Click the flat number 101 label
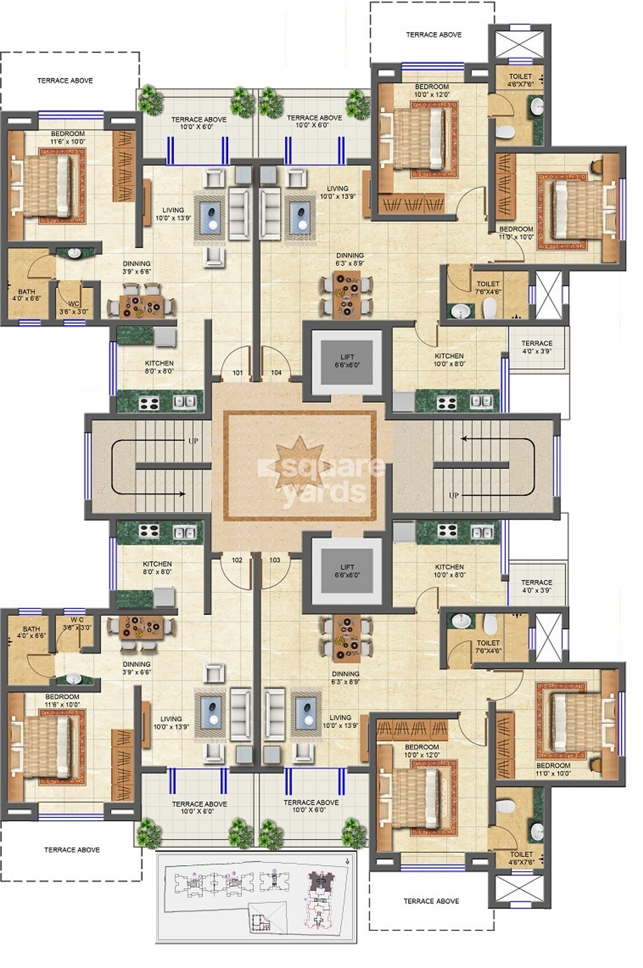(x=238, y=372)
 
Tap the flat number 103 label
(x=275, y=560)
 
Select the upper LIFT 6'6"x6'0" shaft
(x=347, y=361)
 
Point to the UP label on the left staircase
(x=193, y=440)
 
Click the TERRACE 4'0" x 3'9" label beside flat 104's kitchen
(x=536, y=347)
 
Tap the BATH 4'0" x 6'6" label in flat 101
(x=26, y=294)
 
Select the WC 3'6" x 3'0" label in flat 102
(x=77, y=623)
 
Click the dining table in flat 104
(x=347, y=293)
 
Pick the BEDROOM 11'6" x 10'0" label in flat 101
(x=68, y=137)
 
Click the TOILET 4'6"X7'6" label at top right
(x=520, y=80)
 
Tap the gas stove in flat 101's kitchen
(x=149, y=403)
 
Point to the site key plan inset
(x=256, y=896)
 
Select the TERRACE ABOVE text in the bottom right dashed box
(x=431, y=901)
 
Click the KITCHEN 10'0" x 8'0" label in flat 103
(x=449, y=570)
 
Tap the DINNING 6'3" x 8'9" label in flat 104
(x=349, y=260)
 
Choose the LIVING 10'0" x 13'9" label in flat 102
(x=170, y=722)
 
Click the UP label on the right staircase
(x=454, y=495)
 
